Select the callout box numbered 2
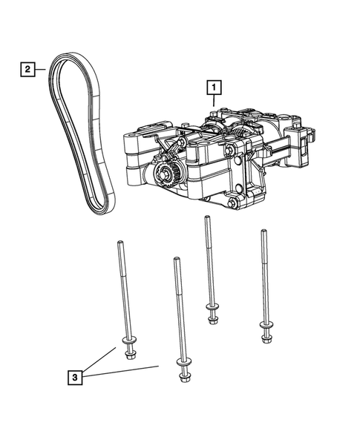pyautogui.click(x=27, y=70)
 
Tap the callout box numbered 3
pyautogui.click(x=75, y=378)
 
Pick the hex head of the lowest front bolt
pyautogui.click(x=183, y=378)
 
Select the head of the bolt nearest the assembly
pyautogui.click(x=213, y=320)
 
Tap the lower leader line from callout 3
pyautogui.click(x=122, y=372)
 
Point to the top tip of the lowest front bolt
pyautogui.click(x=176, y=260)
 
